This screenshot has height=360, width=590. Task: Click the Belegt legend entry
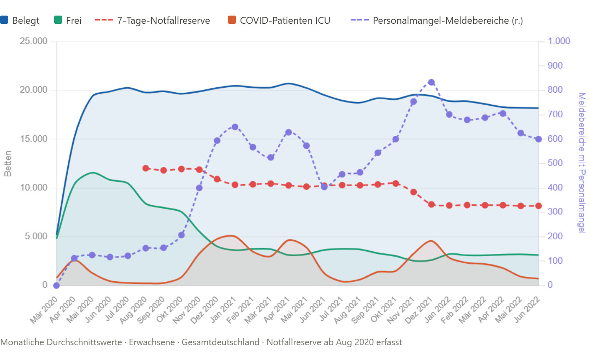point(20,21)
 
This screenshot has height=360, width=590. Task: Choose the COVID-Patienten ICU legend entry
point(279,21)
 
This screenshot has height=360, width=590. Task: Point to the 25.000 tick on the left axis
point(34,41)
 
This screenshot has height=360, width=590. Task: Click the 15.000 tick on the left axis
point(34,139)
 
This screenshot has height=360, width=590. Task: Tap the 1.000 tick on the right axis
point(559,41)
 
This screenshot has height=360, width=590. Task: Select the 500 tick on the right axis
point(556,163)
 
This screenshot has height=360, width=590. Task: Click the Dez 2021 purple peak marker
point(431,82)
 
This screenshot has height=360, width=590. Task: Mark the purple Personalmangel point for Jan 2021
point(235,127)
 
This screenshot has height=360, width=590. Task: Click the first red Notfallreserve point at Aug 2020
point(146,168)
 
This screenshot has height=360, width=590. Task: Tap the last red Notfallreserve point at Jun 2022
point(539,206)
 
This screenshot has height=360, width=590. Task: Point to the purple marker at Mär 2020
point(57,285)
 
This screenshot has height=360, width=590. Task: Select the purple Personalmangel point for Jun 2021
point(324,187)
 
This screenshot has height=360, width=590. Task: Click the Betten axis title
point(7,164)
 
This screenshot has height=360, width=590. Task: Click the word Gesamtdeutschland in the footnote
point(220,342)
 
